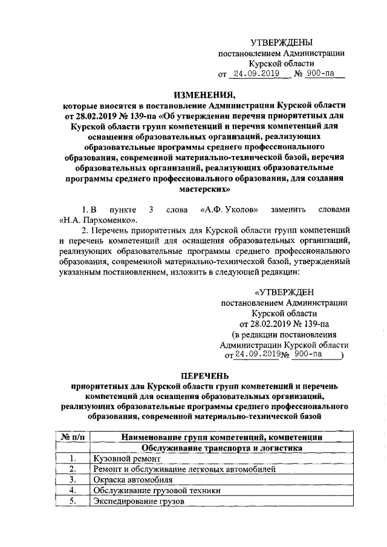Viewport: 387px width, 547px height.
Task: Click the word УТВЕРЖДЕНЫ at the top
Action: click(282, 42)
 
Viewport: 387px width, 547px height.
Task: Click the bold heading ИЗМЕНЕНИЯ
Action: click(204, 94)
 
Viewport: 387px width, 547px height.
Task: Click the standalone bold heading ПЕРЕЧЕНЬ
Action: click(204, 375)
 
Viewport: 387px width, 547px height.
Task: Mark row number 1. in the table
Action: click(72, 459)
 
